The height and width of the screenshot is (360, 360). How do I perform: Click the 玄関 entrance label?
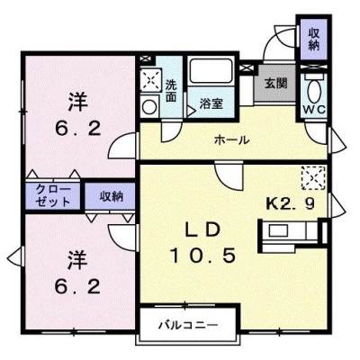pyautogui.click(x=275, y=83)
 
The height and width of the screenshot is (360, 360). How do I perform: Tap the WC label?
pyautogui.click(x=313, y=110)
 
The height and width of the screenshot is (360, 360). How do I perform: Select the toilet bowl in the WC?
pyautogui.click(x=314, y=90)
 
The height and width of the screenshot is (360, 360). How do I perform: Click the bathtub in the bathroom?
pyautogui.click(x=211, y=71)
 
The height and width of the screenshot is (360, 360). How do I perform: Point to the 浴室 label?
pyautogui.click(x=211, y=103)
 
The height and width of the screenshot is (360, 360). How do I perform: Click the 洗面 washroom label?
pyautogui.click(x=171, y=91)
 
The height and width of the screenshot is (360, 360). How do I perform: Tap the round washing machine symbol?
pyautogui.click(x=149, y=106)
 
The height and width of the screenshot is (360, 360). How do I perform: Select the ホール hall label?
pyautogui.click(x=231, y=139)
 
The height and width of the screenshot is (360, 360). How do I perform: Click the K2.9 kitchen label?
pyautogui.click(x=291, y=204)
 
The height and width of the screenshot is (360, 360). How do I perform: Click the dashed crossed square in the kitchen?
pyautogui.click(x=313, y=178)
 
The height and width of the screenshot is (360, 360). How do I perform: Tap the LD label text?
pyautogui.click(x=202, y=230)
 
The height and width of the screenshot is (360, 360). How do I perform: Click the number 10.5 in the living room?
pyautogui.click(x=202, y=256)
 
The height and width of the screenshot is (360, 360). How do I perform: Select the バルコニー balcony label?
pyautogui.click(x=188, y=325)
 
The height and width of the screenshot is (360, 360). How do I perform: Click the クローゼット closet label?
pyautogui.click(x=53, y=195)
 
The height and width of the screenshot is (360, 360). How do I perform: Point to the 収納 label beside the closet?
pyautogui.click(x=112, y=197)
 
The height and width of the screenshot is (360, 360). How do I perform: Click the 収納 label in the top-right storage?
pyautogui.click(x=314, y=39)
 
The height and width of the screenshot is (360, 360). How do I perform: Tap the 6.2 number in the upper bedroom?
pyautogui.click(x=77, y=130)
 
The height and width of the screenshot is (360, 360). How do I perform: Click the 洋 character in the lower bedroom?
pyautogui.click(x=77, y=260)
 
